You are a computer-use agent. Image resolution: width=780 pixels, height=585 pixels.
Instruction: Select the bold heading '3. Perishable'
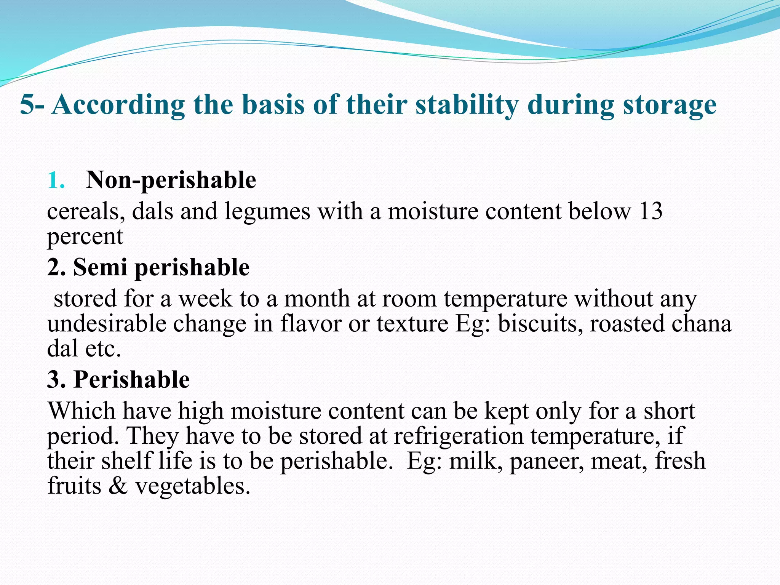(118, 379)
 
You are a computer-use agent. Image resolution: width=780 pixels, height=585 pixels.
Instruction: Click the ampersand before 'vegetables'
(118, 486)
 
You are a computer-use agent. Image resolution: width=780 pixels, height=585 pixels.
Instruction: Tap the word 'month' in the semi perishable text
(316, 299)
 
